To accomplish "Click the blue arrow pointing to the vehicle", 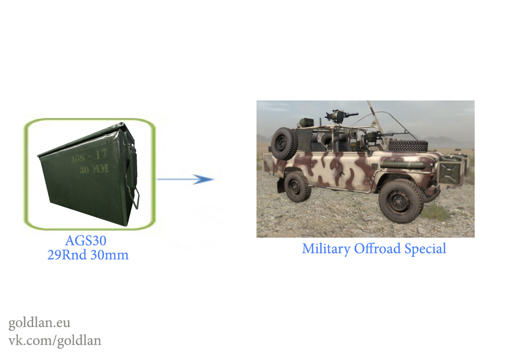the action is [x=185, y=179].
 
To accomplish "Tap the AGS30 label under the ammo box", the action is [x=85, y=241].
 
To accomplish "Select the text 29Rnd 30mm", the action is [x=88, y=255].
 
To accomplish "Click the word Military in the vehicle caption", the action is [x=326, y=249].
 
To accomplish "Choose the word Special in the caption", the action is [x=425, y=249].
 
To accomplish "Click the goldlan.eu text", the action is [x=39, y=323].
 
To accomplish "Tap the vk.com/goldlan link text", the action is [x=55, y=341].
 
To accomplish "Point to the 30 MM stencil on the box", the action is [x=94, y=169].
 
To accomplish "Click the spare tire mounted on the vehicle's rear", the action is [x=284, y=143].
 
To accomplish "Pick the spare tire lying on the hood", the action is [x=408, y=146].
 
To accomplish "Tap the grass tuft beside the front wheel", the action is [x=436, y=211].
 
